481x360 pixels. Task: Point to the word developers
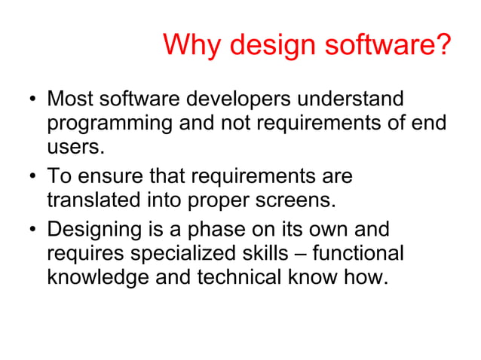coord(241,99)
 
